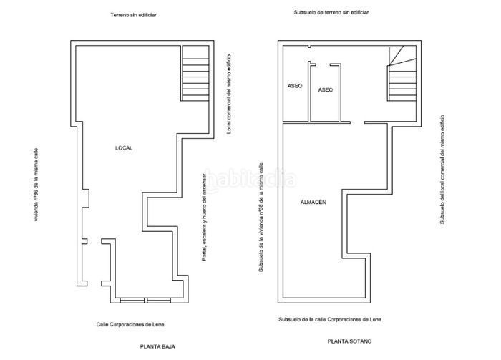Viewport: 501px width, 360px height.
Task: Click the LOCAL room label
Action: pyautogui.click(x=124, y=148)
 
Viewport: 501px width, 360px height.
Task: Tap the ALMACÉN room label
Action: pyautogui.click(x=313, y=203)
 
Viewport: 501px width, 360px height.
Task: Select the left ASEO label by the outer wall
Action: pyautogui.click(x=295, y=86)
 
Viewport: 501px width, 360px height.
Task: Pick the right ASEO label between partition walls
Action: pyautogui.click(x=325, y=90)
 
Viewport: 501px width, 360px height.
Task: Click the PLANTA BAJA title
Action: pyautogui.click(x=157, y=346)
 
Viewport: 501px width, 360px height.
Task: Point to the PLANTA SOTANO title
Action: pyautogui.click(x=349, y=341)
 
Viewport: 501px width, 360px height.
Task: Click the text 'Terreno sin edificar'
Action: pyautogui.click(x=133, y=15)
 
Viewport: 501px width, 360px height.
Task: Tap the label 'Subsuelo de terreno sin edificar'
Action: pyautogui.click(x=331, y=12)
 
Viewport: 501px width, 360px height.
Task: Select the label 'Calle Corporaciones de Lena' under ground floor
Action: pyautogui.click(x=130, y=324)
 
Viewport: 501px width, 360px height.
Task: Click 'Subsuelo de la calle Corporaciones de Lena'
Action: pyautogui.click(x=330, y=319)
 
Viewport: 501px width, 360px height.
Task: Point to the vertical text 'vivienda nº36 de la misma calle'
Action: pyautogui.click(x=36, y=185)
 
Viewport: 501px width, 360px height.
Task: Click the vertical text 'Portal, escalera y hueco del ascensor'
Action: pyautogui.click(x=205, y=217)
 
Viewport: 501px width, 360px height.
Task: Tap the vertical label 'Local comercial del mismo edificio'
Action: pyautogui.click(x=229, y=94)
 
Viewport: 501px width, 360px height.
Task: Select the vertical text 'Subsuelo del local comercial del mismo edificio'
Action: pyautogui.click(x=442, y=170)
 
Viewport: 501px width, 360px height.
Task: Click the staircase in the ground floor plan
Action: pyautogui.click(x=195, y=73)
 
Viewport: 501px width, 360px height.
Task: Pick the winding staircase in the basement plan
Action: pyautogui.click(x=402, y=73)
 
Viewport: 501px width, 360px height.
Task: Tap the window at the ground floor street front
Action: pyautogui.click(x=145, y=301)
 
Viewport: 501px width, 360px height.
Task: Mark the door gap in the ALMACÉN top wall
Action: pyautogui.click(x=358, y=122)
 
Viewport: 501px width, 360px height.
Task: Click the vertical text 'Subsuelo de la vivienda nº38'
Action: pyautogui.click(x=261, y=217)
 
